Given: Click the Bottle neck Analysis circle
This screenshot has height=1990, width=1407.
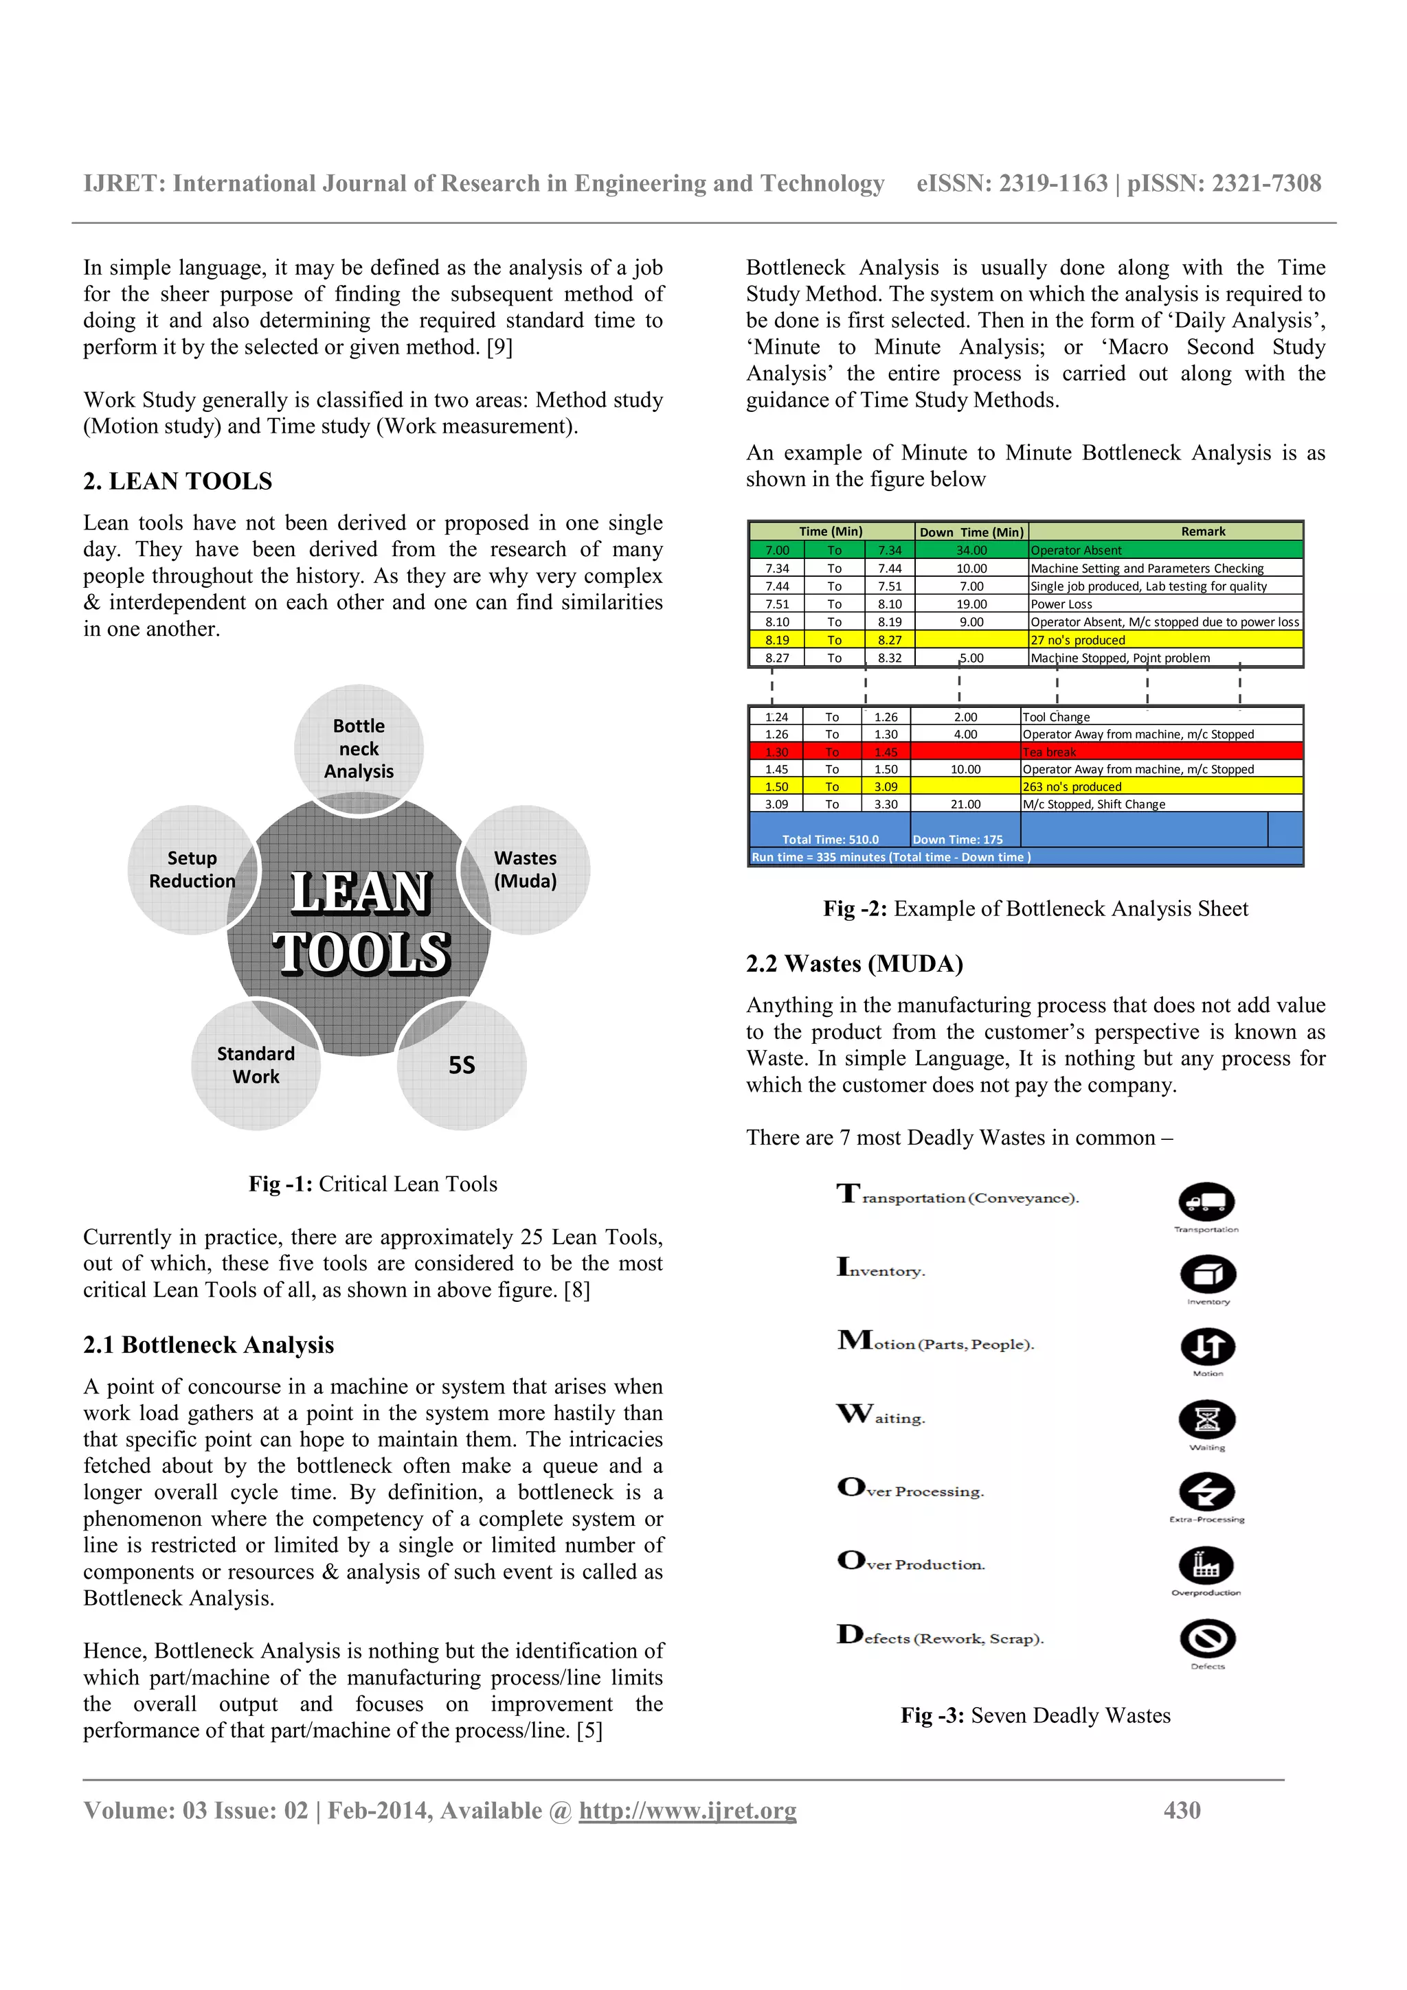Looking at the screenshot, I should tap(359, 748).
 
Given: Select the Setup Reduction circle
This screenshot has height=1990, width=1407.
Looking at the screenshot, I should tap(192, 869).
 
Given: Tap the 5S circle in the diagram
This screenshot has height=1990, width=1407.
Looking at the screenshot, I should tap(462, 1065).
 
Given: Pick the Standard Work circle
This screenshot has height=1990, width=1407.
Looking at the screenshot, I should tap(256, 1065).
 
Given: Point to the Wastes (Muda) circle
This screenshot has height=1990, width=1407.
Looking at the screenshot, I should tap(526, 869).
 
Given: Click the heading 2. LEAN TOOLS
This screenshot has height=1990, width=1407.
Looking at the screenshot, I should tap(178, 481).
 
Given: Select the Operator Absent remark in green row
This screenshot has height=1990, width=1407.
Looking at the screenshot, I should tap(1076, 550).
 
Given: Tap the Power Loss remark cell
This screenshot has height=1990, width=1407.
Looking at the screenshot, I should tap(1061, 604).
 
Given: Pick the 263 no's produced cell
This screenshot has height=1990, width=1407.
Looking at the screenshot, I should tap(1072, 787).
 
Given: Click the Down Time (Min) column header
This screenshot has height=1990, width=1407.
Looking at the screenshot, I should tap(971, 532).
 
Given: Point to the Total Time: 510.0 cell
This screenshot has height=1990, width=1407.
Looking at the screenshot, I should tap(830, 839).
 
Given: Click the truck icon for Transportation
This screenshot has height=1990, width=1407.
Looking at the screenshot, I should tap(1206, 1202).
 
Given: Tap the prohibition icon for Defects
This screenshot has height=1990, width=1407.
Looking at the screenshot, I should tap(1207, 1639).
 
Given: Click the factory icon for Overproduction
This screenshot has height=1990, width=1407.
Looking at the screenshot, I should tap(1206, 1566).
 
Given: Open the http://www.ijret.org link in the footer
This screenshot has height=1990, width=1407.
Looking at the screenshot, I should tap(688, 1811).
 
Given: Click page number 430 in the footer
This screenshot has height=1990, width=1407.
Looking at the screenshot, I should tap(1182, 1811).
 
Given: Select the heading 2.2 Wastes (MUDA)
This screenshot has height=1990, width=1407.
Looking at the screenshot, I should tap(854, 964).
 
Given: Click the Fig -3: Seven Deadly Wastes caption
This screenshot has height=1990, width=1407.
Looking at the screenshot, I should tap(1035, 1715).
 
